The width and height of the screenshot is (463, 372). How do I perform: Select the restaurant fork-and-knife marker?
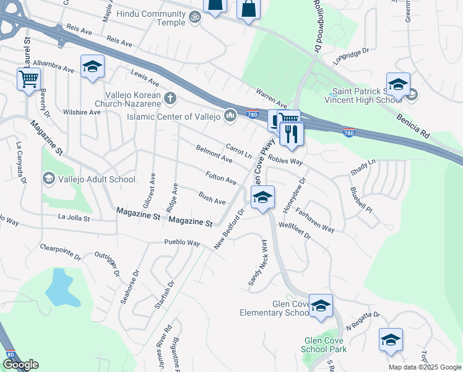tap(290, 133)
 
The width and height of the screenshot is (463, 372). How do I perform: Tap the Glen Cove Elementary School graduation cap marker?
tap(321, 306)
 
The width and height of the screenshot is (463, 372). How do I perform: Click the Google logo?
tap(20, 365)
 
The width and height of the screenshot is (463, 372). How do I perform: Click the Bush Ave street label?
tap(212, 198)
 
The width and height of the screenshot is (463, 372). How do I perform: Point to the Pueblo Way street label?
tap(182, 242)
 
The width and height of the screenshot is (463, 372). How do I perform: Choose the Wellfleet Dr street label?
tap(295, 231)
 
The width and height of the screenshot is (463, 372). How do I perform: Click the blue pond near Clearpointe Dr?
tap(58, 287)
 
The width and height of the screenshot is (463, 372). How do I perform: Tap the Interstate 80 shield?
tap(10, 355)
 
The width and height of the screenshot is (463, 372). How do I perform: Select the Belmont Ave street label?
tap(214, 154)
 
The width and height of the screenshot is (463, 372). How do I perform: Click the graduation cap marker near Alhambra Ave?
tap(92, 66)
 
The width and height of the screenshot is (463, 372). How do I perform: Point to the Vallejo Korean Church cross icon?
tap(170, 98)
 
